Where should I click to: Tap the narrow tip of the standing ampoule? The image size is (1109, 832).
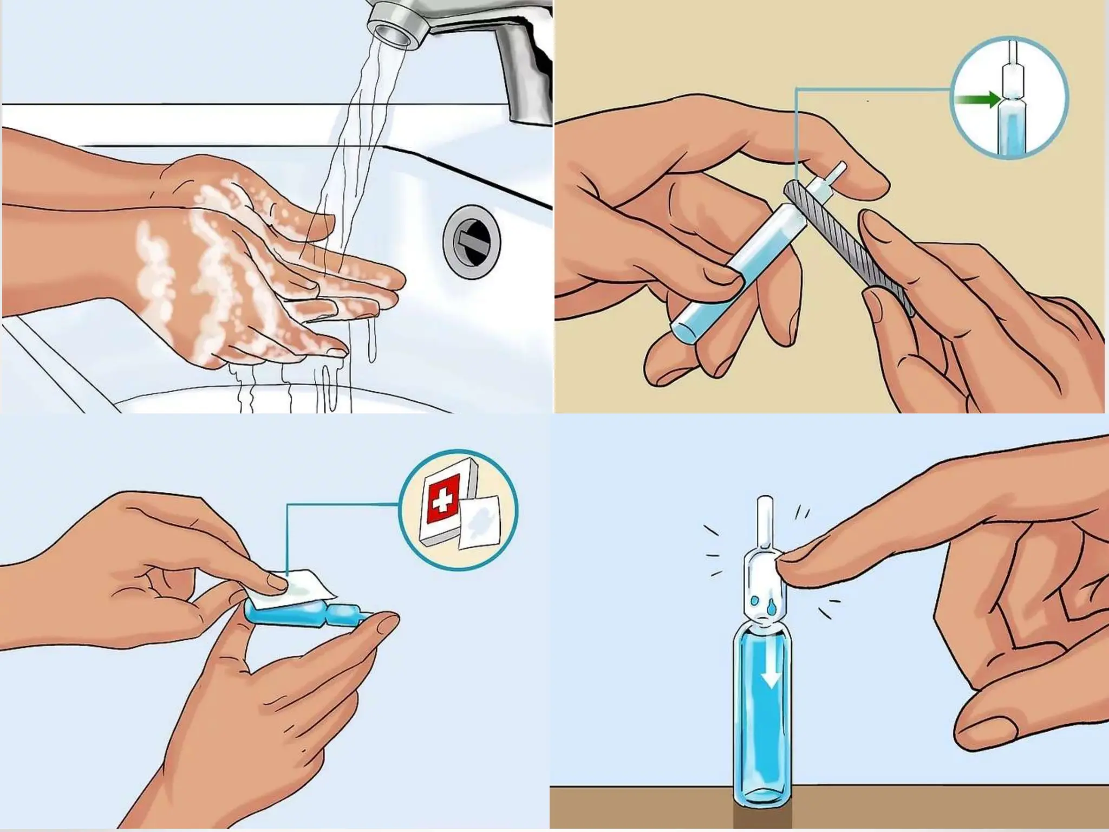click(764, 520)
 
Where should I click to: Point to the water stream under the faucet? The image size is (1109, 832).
click(374, 108)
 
